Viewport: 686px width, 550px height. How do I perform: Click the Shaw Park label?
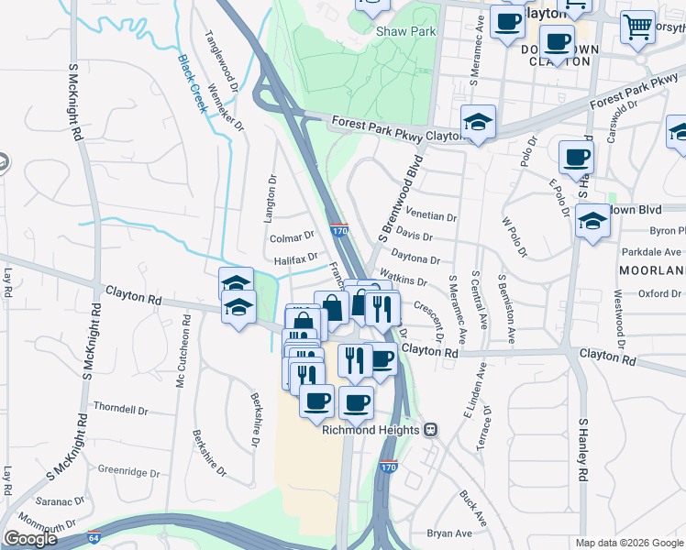pyautogui.click(x=405, y=31)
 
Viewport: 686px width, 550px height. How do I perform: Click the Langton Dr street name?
pyautogui.click(x=271, y=193)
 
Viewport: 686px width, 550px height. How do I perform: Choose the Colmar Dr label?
pyautogui.click(x=292, y=237)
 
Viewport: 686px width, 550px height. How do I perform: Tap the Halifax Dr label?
pyautogui.click(x=294, y=259)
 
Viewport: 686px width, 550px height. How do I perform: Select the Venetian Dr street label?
pyautogui.click(x=432, y=215)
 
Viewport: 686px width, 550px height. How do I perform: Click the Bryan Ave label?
pyautogui.click(x=449, y=533)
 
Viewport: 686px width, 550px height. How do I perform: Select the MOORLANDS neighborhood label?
pyautogui.click(x=652, y=271)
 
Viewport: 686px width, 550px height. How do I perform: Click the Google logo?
pyautogui.click(x=30, y=539)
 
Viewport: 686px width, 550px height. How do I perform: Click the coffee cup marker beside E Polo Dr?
pyautogui.click(x=576, y=158)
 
